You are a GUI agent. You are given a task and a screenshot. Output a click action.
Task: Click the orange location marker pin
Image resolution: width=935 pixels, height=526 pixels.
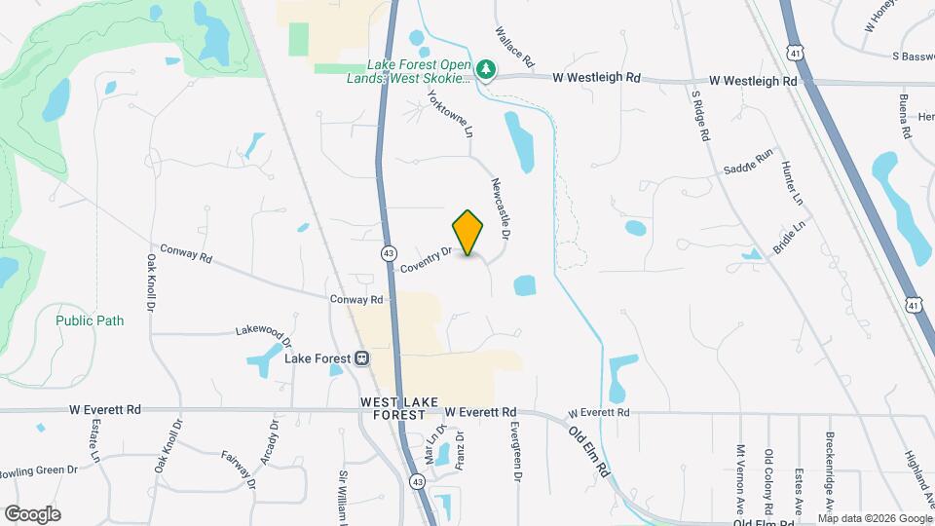(x=468, y=233)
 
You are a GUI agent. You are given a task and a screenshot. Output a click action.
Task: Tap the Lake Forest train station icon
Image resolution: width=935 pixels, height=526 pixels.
(x=361, y=358)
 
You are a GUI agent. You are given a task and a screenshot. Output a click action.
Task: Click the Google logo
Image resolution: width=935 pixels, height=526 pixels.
(x=32, y=514)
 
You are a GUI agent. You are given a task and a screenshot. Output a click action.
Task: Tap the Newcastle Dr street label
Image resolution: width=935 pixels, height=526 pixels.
(x=502, y=208)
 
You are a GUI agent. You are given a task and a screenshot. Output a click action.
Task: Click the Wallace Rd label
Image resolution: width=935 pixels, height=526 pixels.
(x=516, y=47)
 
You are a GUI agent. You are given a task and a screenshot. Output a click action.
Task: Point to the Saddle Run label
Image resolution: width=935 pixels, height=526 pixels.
(x=748, y=162)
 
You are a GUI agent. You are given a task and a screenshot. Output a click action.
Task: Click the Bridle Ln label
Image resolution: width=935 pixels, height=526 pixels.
(x=790, y=237)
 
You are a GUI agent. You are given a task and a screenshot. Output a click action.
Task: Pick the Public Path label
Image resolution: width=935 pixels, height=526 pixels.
(x=90, y=320)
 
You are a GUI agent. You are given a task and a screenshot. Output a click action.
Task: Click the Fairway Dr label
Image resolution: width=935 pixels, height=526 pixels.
(x=238, y=470)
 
